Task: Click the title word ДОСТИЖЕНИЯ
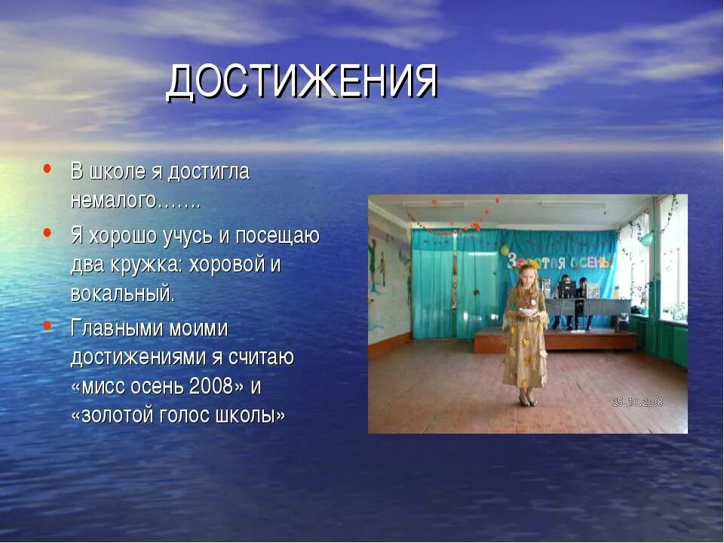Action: [x=302, y=81]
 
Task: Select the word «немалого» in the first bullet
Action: [x=113, y=201]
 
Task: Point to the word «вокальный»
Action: [x=122, y=293]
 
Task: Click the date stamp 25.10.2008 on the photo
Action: [x=637, y=403]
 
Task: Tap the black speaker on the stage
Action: [x=623, y=323]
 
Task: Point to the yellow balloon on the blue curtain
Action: [x=504, y=250]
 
